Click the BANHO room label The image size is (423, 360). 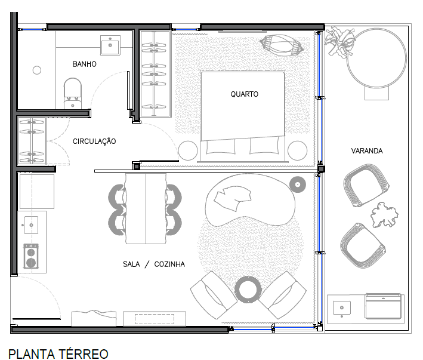tap(85, 64)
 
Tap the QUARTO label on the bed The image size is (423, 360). tap(245, 94)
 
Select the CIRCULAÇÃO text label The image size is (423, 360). tap(94, 141)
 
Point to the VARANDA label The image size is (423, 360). tap(367, 151)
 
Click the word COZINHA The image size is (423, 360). tap(169, 264)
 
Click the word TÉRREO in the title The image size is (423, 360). tap(84, 354)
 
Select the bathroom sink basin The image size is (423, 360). tap(110, 45)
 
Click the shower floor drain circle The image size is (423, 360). tap(37, 70)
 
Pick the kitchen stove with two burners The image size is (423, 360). tap(31, 256)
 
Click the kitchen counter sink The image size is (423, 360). tap(31, 225)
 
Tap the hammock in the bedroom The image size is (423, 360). tap(282, 45)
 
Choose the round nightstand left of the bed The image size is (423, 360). tap(188, 150)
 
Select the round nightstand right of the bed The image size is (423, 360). tap(297, 150)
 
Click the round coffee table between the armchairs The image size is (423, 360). tap(248, 290)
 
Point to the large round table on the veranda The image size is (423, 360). tap(376, 58)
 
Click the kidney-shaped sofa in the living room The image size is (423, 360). tap(250, 199)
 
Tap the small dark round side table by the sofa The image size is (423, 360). tap(298, 184)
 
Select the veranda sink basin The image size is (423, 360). tap(342, 308)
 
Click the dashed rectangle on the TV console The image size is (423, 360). tap(155, 319)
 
